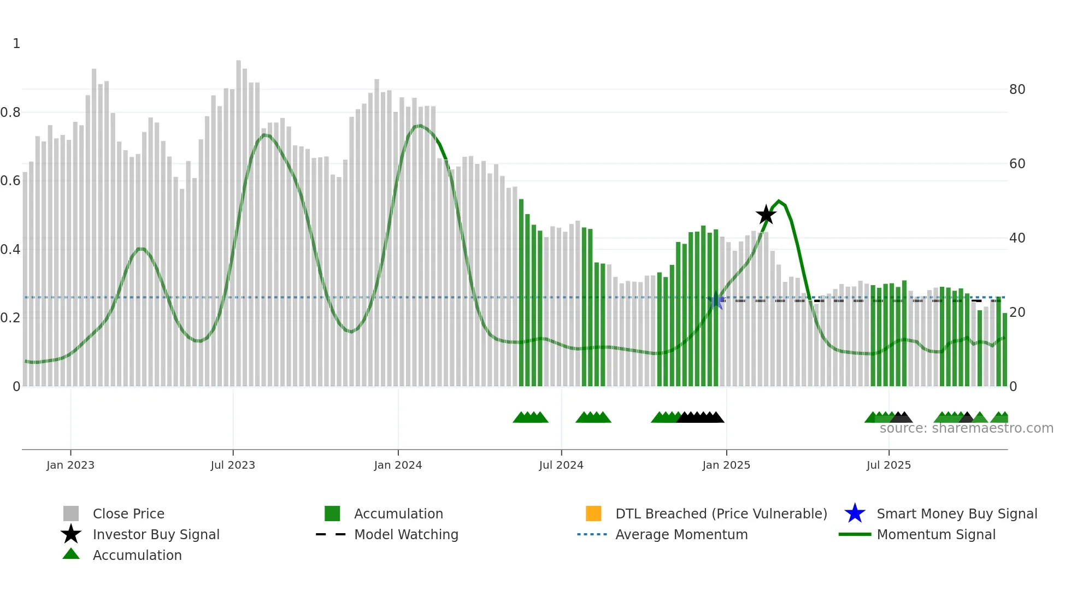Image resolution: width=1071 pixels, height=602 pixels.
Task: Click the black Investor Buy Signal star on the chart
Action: [766, 215]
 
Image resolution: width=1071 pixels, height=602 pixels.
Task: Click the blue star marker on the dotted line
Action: [716, 300]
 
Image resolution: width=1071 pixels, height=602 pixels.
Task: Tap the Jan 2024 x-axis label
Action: [398, 465]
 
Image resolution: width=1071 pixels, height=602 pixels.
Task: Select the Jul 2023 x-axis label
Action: [233, 465]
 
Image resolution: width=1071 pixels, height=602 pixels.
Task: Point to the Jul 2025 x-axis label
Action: [888, 465]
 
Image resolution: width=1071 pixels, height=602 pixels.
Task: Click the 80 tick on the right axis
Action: [1017, 89]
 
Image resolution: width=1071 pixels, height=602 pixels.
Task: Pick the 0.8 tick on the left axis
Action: [10, 113]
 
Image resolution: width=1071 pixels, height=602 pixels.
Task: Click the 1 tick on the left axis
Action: [16, 44]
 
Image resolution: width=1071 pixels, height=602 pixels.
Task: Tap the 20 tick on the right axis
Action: [1017, 312]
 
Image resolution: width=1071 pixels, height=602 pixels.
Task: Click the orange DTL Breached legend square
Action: [593, 514]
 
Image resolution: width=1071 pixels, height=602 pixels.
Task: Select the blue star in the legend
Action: [855, 514]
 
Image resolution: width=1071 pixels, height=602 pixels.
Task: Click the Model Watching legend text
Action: [406, 534]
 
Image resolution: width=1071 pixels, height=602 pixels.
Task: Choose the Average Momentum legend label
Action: [681, 534]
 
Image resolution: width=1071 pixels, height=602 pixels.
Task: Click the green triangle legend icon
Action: [71, 554]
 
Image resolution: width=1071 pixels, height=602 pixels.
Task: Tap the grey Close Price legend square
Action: [71, 514]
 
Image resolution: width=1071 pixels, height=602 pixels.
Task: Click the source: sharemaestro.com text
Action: [966, 428]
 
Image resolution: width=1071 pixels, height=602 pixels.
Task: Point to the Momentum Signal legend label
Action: [936, 534]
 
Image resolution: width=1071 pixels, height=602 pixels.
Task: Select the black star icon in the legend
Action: [71, 534]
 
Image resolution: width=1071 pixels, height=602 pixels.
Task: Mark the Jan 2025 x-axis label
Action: [726, 465]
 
